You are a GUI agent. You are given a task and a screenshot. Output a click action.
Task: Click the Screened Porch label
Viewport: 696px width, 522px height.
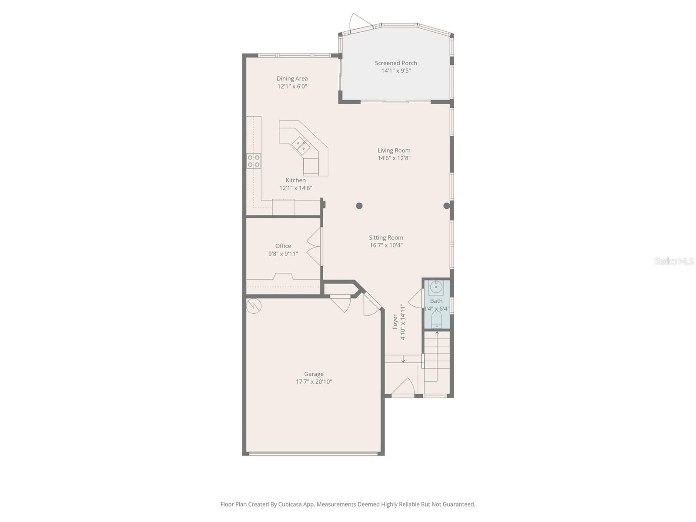point(396,63)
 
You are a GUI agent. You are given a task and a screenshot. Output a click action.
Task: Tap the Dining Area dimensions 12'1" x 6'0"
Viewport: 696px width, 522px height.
point(292,87)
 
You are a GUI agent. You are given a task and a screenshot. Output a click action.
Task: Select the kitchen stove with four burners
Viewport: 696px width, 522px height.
point(254,161)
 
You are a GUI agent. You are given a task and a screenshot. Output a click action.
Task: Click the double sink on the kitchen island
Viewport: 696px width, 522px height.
point(301,146)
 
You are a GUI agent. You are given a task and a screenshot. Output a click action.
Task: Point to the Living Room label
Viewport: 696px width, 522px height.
point(394,151)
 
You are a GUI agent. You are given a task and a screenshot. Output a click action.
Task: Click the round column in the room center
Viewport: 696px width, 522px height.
point(359,206)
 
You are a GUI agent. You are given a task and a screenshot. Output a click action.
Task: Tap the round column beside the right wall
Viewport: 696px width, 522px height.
point(446,206)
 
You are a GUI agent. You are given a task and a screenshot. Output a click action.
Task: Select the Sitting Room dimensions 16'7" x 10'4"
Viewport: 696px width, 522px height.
point(386,245)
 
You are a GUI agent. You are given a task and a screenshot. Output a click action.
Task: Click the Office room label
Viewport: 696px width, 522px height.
point(283,246)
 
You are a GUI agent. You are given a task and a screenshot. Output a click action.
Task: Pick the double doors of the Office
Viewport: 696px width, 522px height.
point(315,246)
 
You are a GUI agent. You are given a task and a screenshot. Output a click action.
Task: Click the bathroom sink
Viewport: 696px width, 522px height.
point(436,288)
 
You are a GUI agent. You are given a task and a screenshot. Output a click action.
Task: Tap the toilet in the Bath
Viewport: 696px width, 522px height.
point(436,321)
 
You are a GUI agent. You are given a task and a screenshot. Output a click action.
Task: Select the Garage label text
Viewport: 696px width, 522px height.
point(314,374)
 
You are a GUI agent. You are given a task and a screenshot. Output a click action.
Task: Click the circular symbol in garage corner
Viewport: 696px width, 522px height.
point(253,306)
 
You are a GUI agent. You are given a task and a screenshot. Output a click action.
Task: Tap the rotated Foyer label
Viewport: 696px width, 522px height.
point(395,321)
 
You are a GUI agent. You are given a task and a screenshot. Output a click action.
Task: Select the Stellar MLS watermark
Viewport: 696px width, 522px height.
point(674,261)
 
